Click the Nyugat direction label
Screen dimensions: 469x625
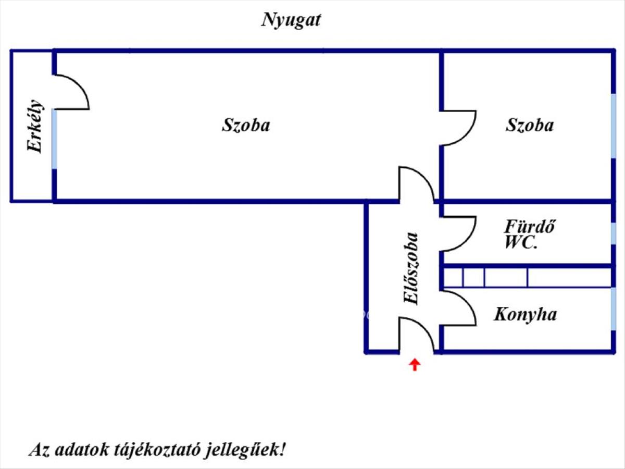click(291, 20)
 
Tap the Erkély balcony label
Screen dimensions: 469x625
click(35, 126)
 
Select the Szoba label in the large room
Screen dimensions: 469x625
click(246, 125)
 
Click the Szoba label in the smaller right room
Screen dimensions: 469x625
click(529, 125)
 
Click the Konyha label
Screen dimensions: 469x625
click(525, 314)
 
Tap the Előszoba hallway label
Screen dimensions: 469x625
click(411, 268)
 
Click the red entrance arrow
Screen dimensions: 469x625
click(415, 364)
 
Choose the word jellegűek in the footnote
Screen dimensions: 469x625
click(244, 449)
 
